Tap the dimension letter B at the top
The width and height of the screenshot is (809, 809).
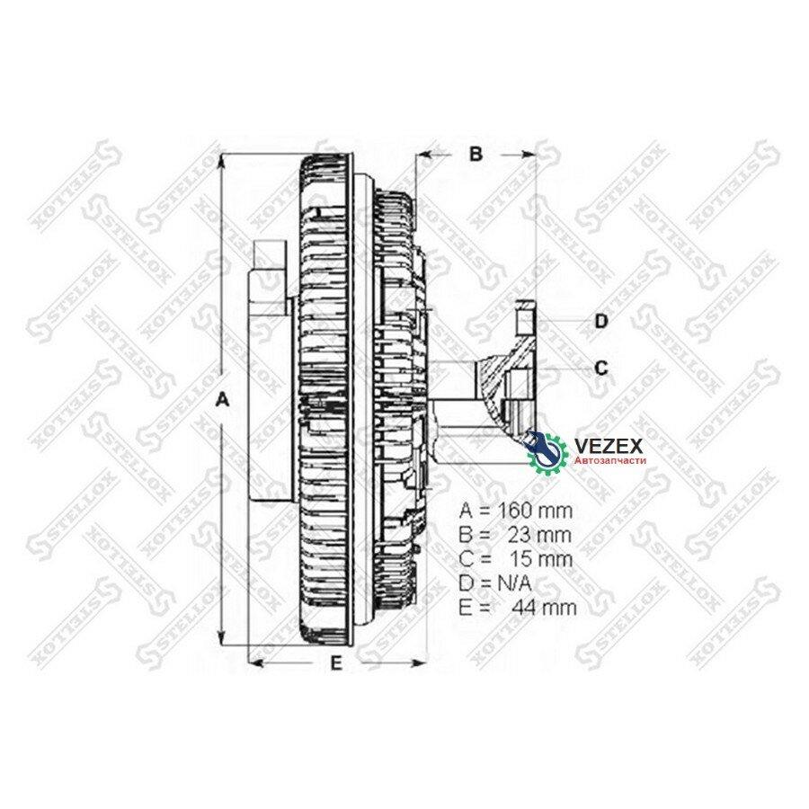click(x=476, y=154)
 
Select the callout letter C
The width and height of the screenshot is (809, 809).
click(x=601, y=368)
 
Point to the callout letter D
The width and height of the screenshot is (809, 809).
click(x=601, y=321)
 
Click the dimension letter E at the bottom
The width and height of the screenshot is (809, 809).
click(x=336, y=664)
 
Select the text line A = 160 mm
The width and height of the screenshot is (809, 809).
click(x=515, y=510)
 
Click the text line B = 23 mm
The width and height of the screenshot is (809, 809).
click(x=515, y=534)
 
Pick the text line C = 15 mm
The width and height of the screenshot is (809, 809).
click(x=515, y=558)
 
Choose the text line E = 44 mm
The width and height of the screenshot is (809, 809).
click(x=517, y=608)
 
